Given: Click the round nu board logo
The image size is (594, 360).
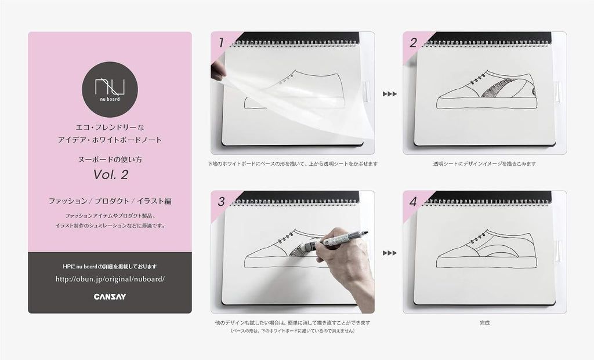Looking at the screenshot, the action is [x=110, y=89].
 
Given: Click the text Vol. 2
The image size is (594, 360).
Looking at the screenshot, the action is [x=111, y=174].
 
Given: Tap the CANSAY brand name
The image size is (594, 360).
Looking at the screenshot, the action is [x=110, y=297].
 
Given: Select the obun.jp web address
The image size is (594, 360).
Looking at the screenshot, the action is [x=110, y=279].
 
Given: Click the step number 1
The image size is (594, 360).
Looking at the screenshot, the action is [x=221, y=43].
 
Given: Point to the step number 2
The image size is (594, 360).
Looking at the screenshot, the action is [x=413, y=43].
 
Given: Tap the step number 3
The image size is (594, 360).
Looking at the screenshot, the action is [x=221, y=202].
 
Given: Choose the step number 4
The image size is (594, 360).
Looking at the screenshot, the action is [x=413, y=202].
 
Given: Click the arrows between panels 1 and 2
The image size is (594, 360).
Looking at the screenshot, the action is [x=389, y=94].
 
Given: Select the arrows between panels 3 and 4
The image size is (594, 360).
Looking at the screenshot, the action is [x=389, y=253].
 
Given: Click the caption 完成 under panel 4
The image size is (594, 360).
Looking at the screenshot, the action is [x=484, y=323].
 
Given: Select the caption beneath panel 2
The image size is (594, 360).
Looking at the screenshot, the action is [x=484, y=164].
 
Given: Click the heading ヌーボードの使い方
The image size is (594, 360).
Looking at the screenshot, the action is [x=110, y=159].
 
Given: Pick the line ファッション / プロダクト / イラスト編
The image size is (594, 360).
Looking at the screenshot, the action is [x=110, y=201].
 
